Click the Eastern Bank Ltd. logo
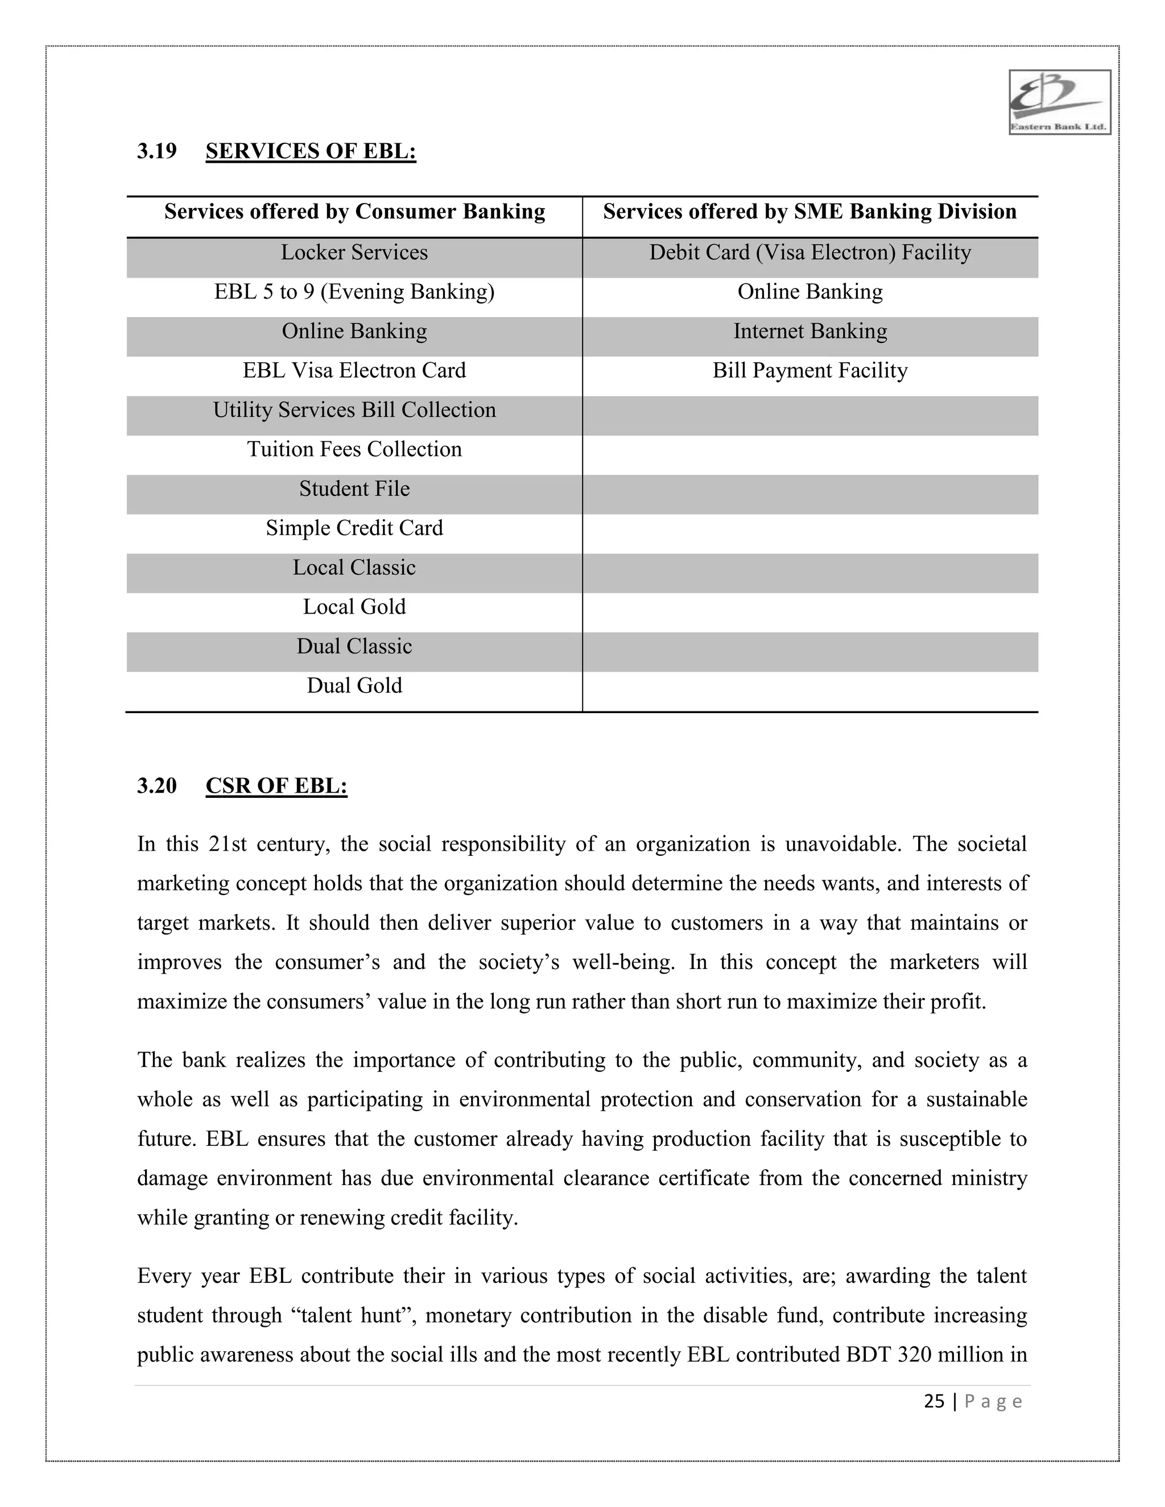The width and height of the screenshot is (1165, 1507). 1059,102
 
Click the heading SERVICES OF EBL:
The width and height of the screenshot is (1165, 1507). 311,151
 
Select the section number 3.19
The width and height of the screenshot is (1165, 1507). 156,151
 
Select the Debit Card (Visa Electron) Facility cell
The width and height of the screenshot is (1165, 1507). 809,252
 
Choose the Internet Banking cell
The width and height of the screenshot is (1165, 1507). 809,331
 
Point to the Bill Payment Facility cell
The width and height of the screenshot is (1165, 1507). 809,371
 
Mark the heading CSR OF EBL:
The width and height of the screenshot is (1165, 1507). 276,786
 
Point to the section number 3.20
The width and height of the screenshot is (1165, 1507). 156,786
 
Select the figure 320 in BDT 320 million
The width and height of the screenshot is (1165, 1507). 915,1355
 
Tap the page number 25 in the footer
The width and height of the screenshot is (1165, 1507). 934,1401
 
